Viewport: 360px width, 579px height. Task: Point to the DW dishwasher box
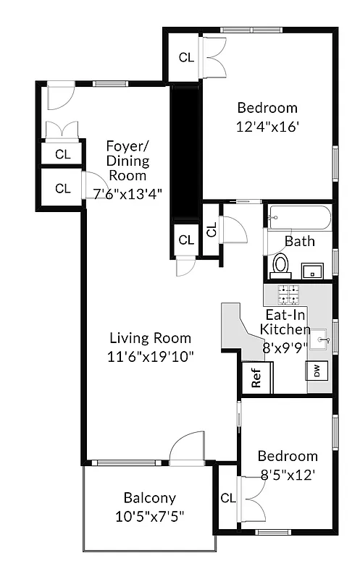[x=317, y=371]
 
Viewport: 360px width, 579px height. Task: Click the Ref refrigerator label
[x=256, y=378]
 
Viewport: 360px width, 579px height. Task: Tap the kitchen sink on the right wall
[x=322, y=337]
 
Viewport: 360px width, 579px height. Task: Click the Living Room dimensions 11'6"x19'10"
[x=151, y=356]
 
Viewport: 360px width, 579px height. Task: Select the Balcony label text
[x=149, y=498]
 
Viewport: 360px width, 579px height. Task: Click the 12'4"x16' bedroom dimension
[x=267, y=126]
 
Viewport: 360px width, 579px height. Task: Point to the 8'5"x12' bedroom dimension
[x=288, y=475]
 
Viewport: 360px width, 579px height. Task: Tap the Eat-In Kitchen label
[x=285, y=322]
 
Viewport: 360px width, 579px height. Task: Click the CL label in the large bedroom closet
[x=186, y=58]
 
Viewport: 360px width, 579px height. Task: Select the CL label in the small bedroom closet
[x=227, y=498]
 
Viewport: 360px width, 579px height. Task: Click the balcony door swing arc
[x=187, y=444]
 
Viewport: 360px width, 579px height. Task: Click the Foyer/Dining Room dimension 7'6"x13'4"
[x=127, y=193]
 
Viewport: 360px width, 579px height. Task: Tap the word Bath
[x=299, y=241]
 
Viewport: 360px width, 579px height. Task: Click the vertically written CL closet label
[x=212, y=230]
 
